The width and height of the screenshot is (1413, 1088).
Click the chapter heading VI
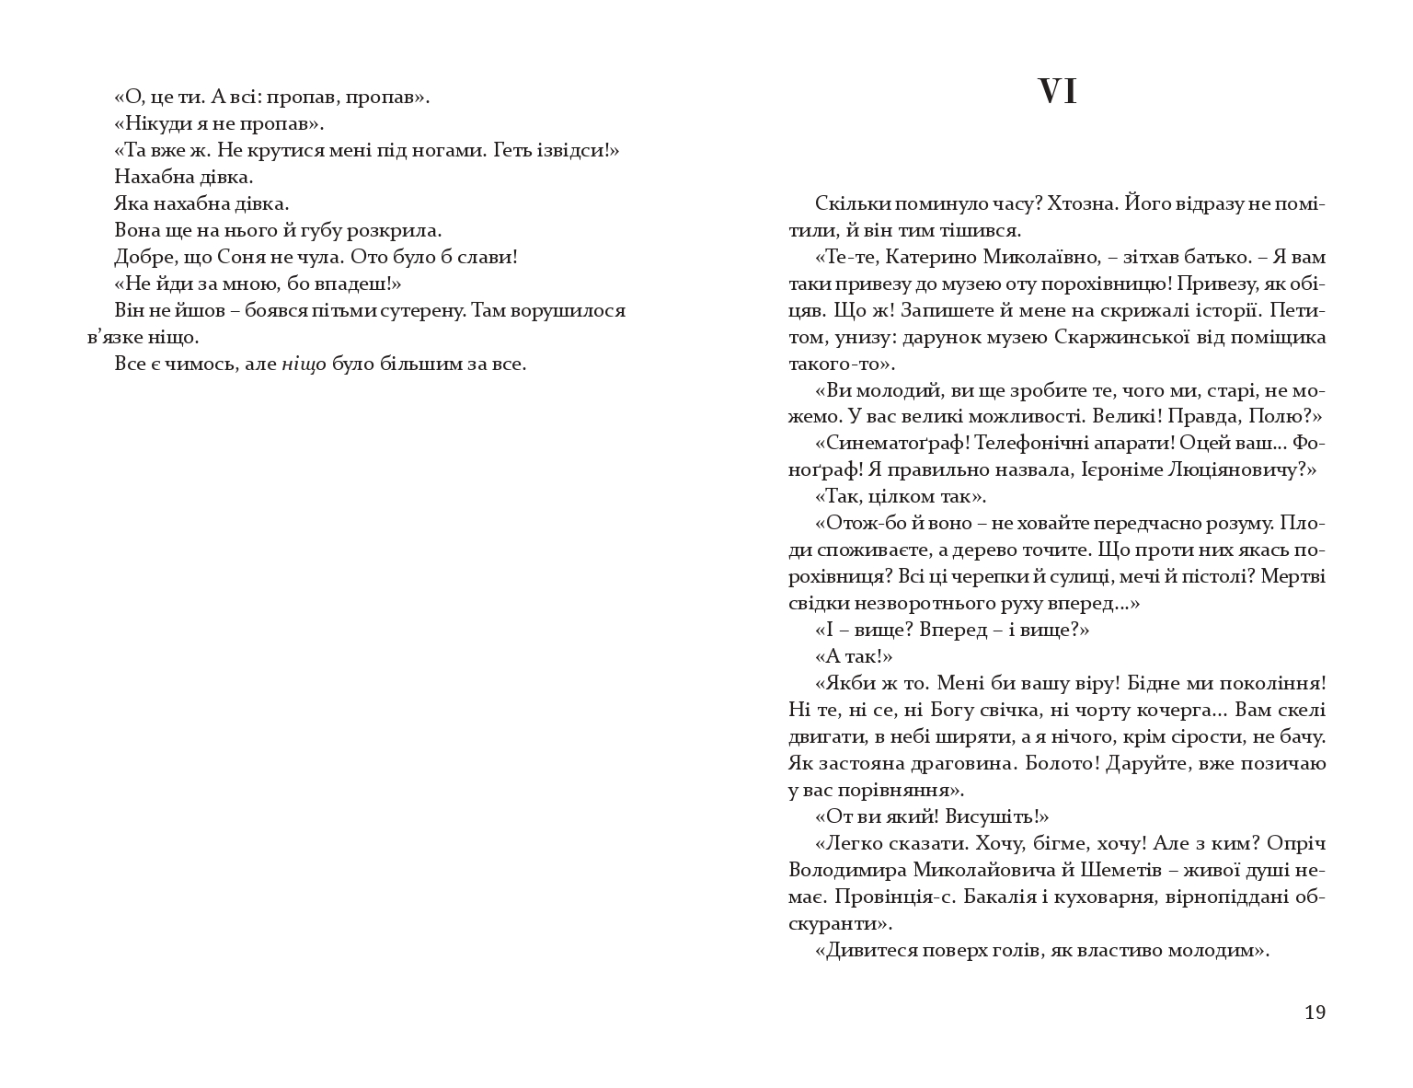click(1057, 92)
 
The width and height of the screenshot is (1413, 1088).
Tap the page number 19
click(1315, 1013)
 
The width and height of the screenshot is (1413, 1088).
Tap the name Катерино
click(923, 257)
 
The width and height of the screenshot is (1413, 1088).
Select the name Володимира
click(846, 871)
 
